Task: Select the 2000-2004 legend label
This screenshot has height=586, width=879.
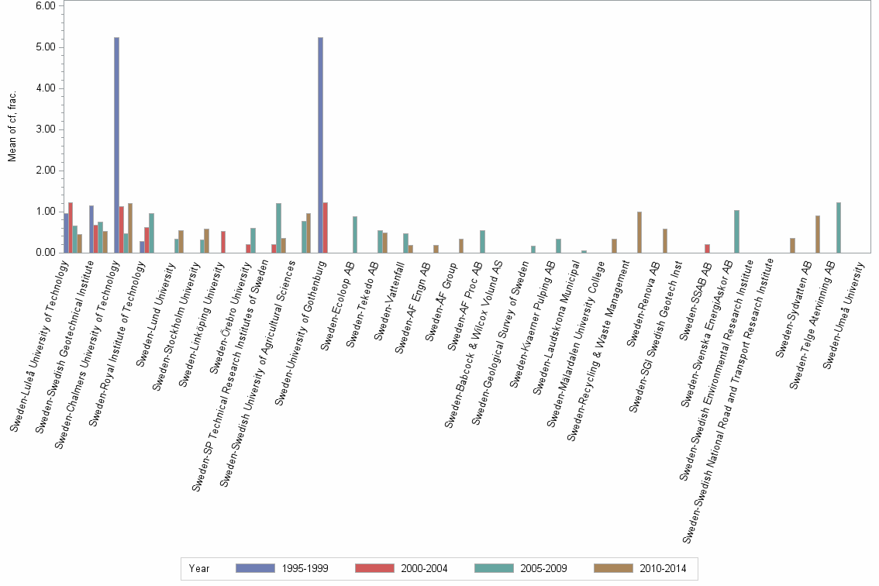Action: [x=423, y=568]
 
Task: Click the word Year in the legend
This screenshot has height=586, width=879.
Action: [x=198, y=568]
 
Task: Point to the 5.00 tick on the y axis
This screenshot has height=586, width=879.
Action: [x=45, y=47]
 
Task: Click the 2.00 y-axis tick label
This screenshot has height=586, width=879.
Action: [x=45, y=171]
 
